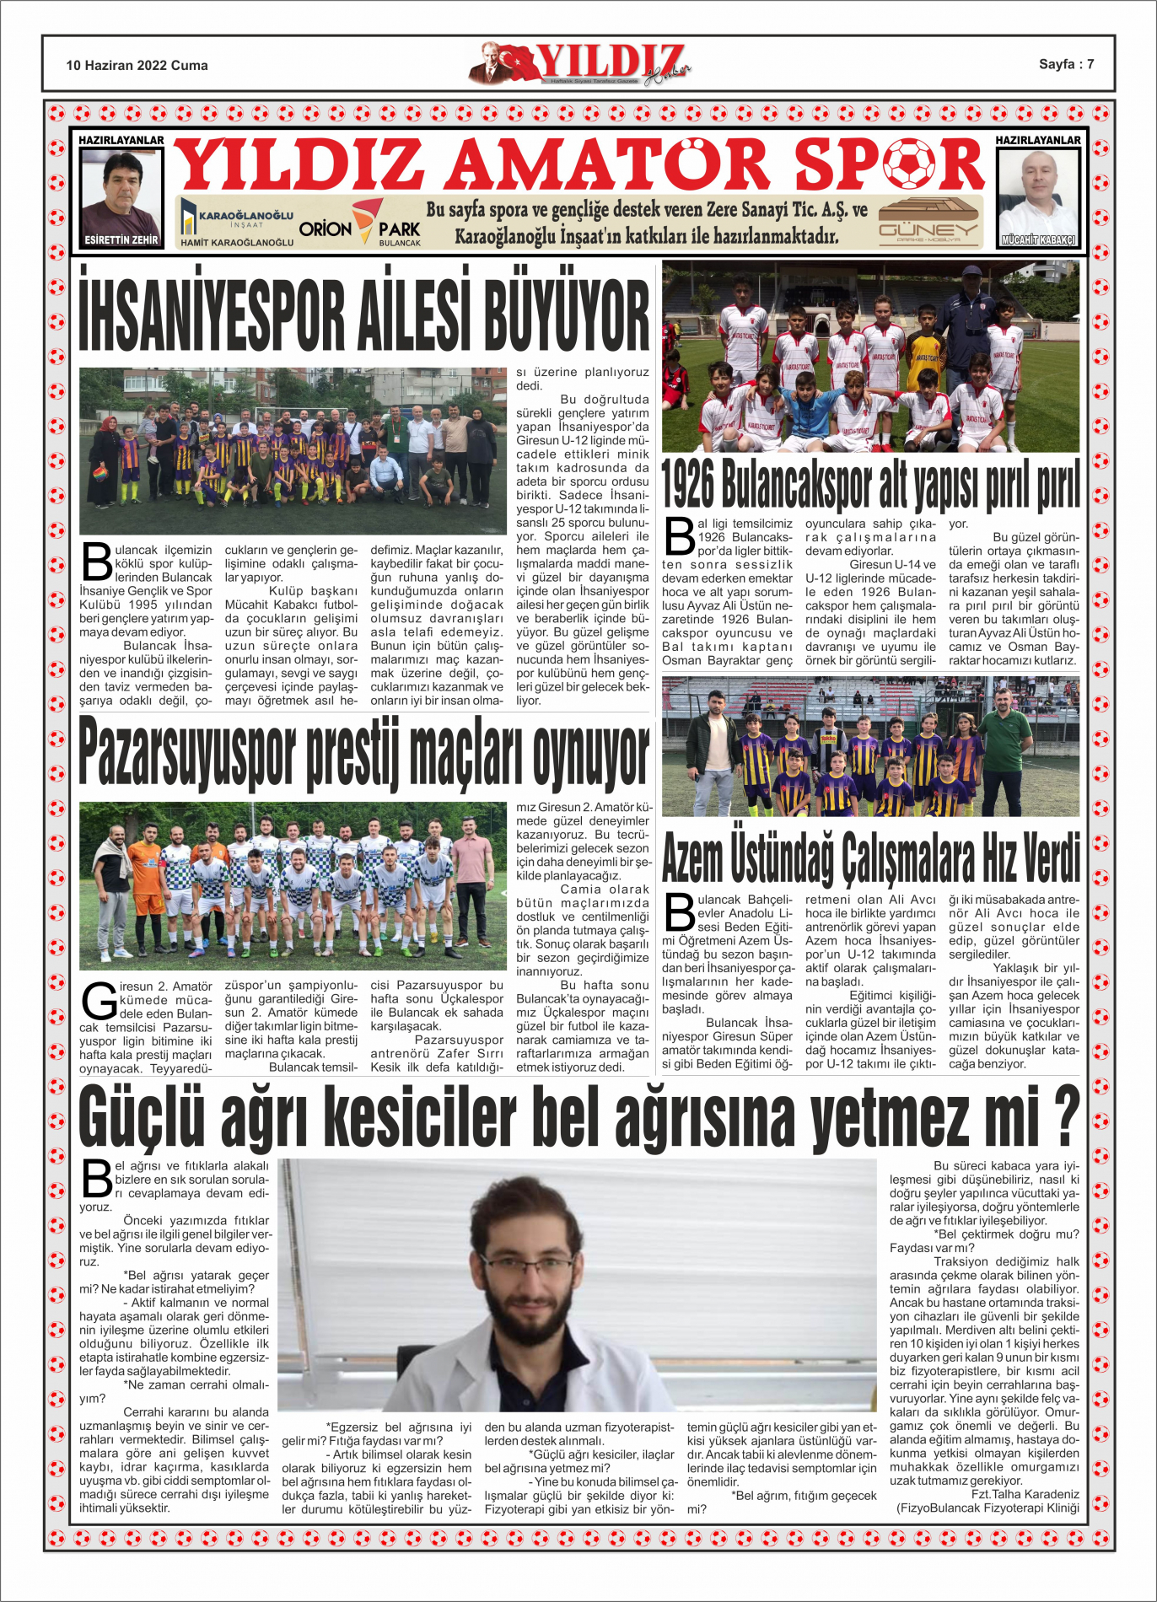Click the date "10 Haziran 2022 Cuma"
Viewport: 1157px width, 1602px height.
(137, 66)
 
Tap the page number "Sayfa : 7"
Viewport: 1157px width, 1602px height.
(1066, 64)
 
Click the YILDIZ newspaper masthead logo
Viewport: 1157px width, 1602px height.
(580, 64)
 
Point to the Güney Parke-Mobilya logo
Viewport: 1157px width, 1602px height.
(928, 223)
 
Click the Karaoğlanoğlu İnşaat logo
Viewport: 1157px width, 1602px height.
(237, 223)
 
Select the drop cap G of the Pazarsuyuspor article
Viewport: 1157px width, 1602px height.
(99, 1002)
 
